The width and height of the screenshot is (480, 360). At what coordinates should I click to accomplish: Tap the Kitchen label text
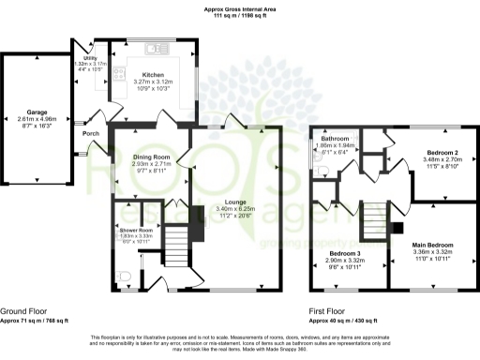[153, 74]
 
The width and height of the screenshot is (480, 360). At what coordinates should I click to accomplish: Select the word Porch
[91, 133]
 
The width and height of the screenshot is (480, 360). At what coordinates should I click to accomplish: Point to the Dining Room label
[151, 157]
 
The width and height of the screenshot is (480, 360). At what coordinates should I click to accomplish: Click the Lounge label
[230, 202]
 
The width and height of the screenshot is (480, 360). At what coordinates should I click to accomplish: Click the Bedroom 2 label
[442, 152]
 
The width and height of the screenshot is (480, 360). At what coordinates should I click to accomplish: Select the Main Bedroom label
[433, 245]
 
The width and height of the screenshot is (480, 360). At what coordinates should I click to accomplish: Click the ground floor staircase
[174, 249]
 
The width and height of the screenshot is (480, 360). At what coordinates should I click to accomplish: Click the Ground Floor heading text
[24, 310]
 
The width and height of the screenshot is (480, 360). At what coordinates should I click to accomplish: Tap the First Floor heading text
[328, 310]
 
